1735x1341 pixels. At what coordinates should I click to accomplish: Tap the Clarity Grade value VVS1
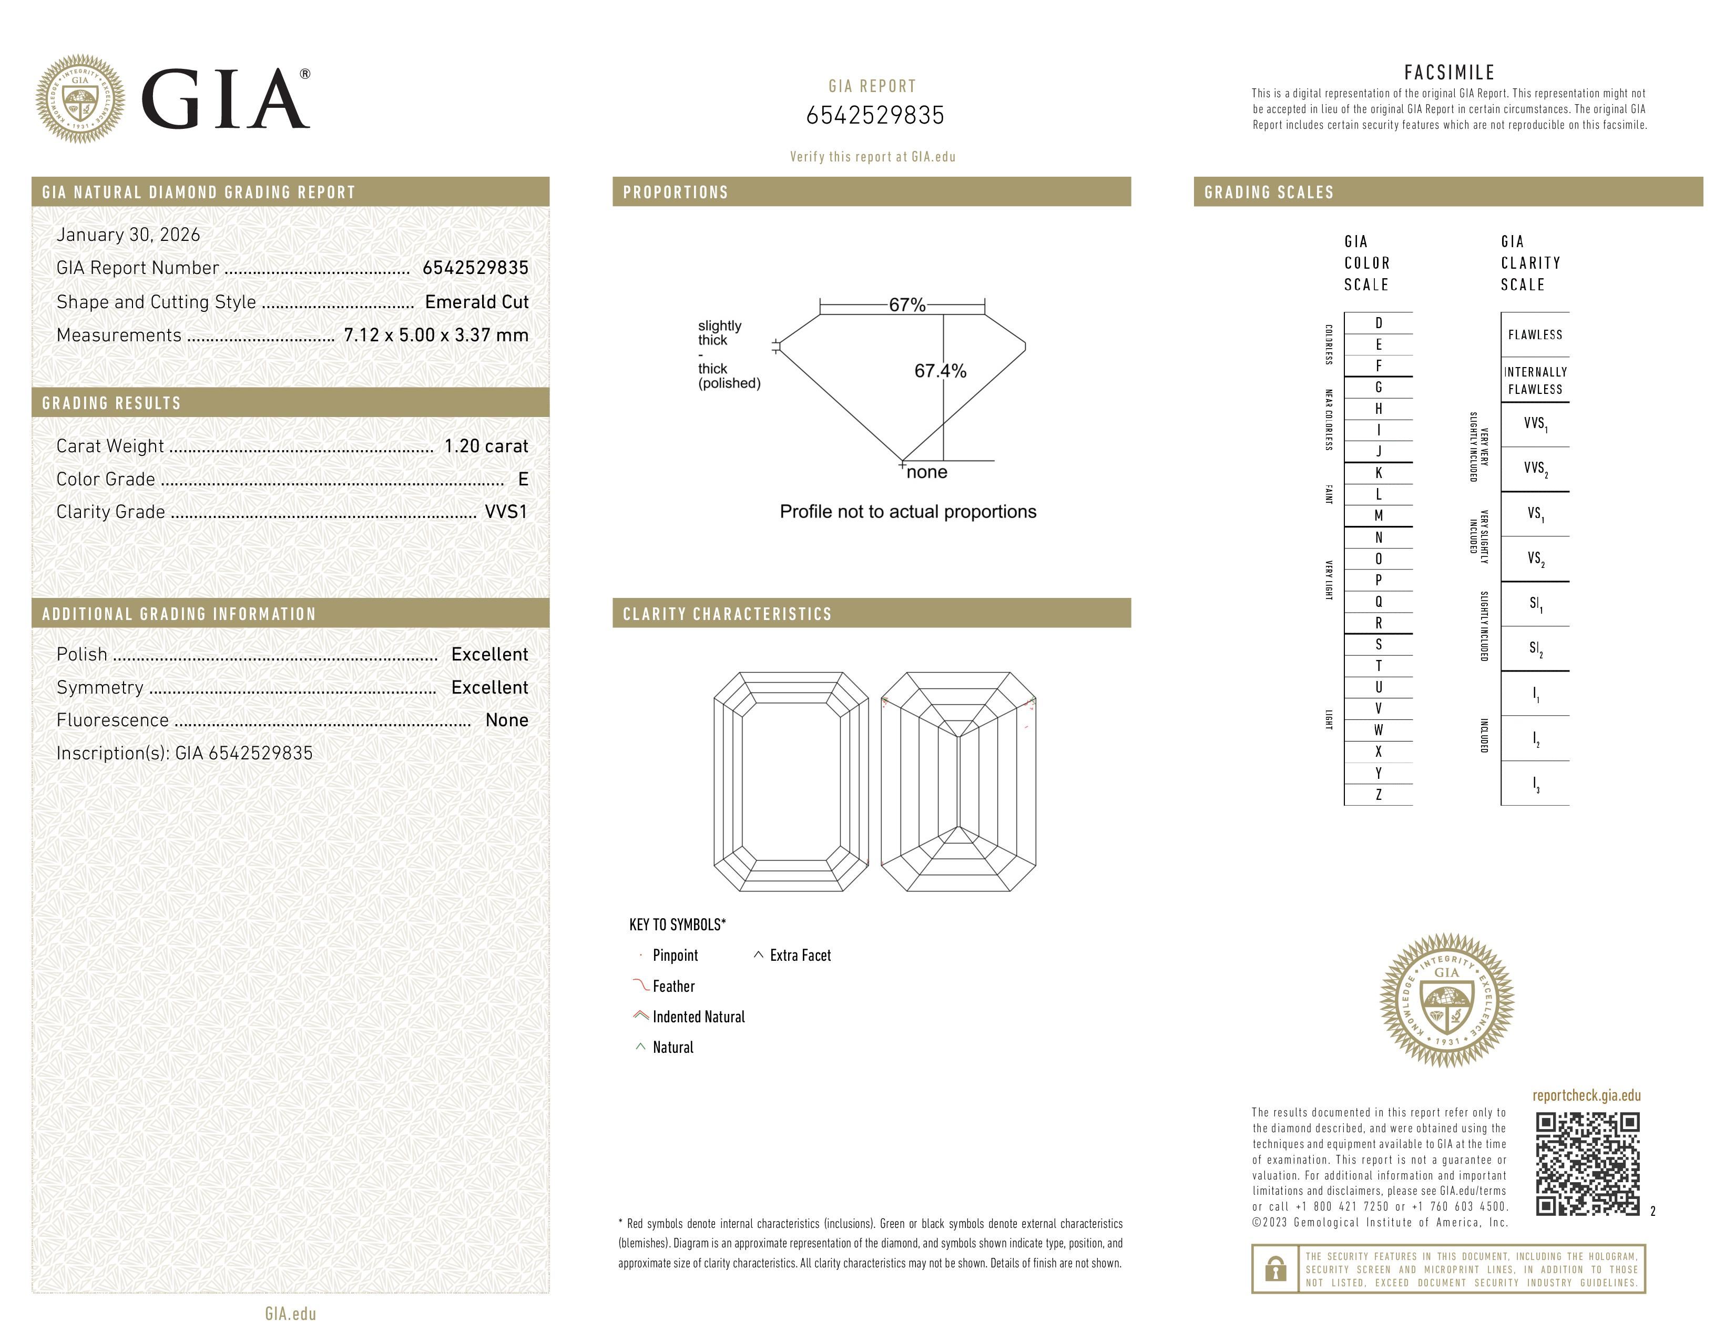click(506, 512)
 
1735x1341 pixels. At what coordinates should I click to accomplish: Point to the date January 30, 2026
click(128, 235)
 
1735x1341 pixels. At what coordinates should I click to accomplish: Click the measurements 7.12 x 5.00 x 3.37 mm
click(435, 336)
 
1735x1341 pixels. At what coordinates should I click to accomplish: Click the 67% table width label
click(906, 305)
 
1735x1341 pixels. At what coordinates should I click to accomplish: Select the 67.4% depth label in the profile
click(940, 371)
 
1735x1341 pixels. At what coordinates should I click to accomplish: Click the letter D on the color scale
click(1379, 322)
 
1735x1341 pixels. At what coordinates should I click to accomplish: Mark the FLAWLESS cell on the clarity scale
click(1535, 334)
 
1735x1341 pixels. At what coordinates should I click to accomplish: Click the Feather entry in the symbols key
click(673, 986)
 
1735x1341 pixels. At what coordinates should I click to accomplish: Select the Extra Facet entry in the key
click(799, 955)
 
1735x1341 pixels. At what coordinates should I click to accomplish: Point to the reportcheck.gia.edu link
click(1586, 1095)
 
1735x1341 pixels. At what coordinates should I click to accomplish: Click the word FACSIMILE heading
click(1449, 72)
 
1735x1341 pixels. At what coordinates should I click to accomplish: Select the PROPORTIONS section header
click(675, 192)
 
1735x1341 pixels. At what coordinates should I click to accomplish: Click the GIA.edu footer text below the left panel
click(290, 1313)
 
